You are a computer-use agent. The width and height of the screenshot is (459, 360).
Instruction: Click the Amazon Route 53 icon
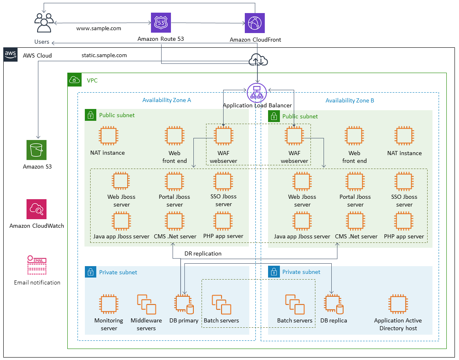click(161, 23)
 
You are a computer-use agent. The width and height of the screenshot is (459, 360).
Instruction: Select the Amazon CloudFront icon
click(255, 23)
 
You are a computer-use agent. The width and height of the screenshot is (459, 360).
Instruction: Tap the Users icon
click(44, 23)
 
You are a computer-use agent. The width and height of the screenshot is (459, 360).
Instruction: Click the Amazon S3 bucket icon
click(37, 150)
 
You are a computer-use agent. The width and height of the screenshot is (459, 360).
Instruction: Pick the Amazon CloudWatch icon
click(37, 209)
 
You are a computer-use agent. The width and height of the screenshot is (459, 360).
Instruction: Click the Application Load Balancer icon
click(257, 93)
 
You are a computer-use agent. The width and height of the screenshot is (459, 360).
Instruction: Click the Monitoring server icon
click(109, 304)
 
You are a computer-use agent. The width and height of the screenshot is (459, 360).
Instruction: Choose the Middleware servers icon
click(146, 304)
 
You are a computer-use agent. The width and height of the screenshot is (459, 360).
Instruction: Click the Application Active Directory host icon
click(398, 304)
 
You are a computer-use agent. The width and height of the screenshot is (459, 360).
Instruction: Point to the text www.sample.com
click(99, 29)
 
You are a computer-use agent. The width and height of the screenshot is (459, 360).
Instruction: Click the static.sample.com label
click(104, 55)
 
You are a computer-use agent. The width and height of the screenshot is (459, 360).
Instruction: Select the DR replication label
click(203, 253)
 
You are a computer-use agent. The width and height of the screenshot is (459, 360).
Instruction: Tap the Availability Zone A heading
click(166, 100)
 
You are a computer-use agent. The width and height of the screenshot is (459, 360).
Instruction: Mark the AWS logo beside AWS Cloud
click(10, 55)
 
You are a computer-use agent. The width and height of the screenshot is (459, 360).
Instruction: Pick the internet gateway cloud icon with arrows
click(257, 61)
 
